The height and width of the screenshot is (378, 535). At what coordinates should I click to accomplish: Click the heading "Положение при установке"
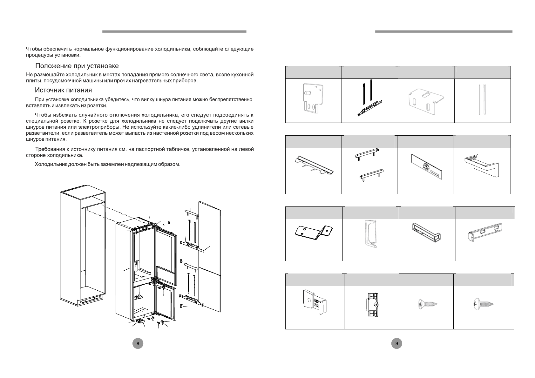[x=77, y=66]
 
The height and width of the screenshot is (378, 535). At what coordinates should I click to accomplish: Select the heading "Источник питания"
[x=63, y=90]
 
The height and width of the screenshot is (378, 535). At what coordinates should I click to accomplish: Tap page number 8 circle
[x=138, y=343]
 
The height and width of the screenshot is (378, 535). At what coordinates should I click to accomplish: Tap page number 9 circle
[x=396, y=343]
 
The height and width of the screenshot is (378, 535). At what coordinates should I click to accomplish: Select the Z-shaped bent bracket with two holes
[x=314, y=231]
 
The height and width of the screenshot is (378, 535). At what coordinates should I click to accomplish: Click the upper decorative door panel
[x=209, y=235]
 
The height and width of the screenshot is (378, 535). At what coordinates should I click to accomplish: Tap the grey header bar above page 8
[x=174, y=31]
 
